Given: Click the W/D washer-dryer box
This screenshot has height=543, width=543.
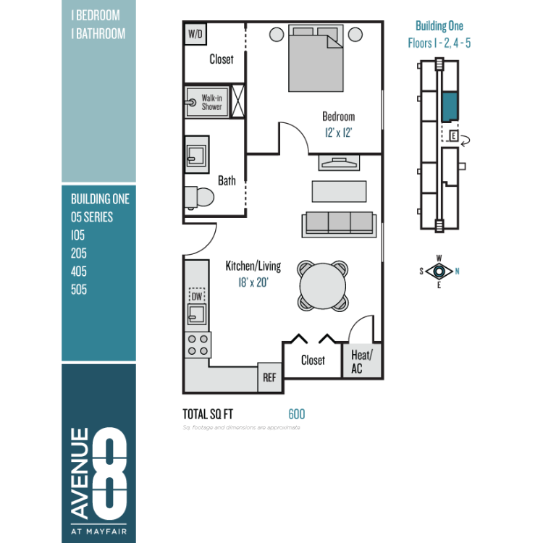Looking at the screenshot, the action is point(195,34).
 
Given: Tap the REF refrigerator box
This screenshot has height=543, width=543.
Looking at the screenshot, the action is point(269,377).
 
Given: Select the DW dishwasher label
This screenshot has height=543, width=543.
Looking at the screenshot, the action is point(197,296).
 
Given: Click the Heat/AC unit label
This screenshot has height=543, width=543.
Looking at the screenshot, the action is point(361,361).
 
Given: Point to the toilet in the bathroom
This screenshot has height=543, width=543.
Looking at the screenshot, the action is point(199,198).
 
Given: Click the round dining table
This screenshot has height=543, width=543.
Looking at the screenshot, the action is point(322,286).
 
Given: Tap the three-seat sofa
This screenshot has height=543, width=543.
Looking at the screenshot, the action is point(339,224).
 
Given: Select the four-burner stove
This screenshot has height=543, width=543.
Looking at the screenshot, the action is point(198,345).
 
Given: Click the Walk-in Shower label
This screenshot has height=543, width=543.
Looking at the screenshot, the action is point(211,102).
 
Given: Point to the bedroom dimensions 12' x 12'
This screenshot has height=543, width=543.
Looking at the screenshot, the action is point(338,132).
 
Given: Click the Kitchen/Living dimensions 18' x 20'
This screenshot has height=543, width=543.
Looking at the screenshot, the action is point(253,282).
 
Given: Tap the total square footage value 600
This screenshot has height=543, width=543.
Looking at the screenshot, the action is point(297,414).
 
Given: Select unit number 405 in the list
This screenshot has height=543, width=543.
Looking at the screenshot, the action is point(79,271).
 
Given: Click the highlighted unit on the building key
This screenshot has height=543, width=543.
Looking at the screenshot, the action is point(450,107).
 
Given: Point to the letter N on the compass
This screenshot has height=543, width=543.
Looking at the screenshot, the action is point(457,271).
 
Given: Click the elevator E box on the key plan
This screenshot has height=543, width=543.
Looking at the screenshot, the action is point(454,136).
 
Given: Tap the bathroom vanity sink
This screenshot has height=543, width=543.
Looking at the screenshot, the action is point(197,155).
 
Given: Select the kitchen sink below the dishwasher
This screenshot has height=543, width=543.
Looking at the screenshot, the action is point(197,314).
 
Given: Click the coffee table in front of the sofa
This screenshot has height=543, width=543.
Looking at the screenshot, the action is point(339,191).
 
